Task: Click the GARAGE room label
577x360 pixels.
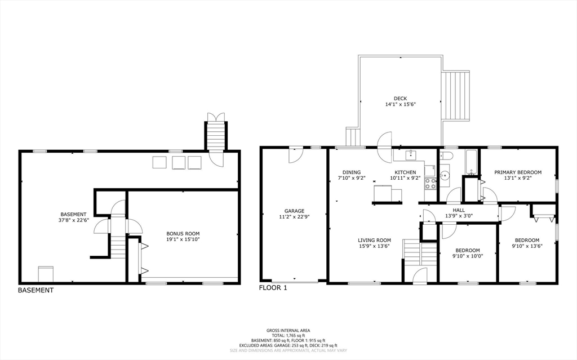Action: pos(294,211)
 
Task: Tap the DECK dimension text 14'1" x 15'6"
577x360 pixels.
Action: pos(400,104)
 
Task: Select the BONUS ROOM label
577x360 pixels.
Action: pos(183,233)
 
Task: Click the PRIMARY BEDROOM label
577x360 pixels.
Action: pos(518,172)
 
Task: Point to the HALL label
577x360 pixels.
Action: pos(458,210)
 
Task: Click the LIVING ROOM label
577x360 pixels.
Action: pos(374,240)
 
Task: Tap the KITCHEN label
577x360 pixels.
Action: pos(405,172)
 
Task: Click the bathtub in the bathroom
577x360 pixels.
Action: pos(471,162)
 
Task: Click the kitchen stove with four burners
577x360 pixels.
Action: pos(430,183)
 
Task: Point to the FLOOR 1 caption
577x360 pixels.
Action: pos(273,288)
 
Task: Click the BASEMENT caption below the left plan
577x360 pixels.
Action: pos(35,291)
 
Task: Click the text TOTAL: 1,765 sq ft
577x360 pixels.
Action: pos(288,335)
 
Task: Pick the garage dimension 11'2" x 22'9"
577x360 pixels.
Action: pos(294,217)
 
